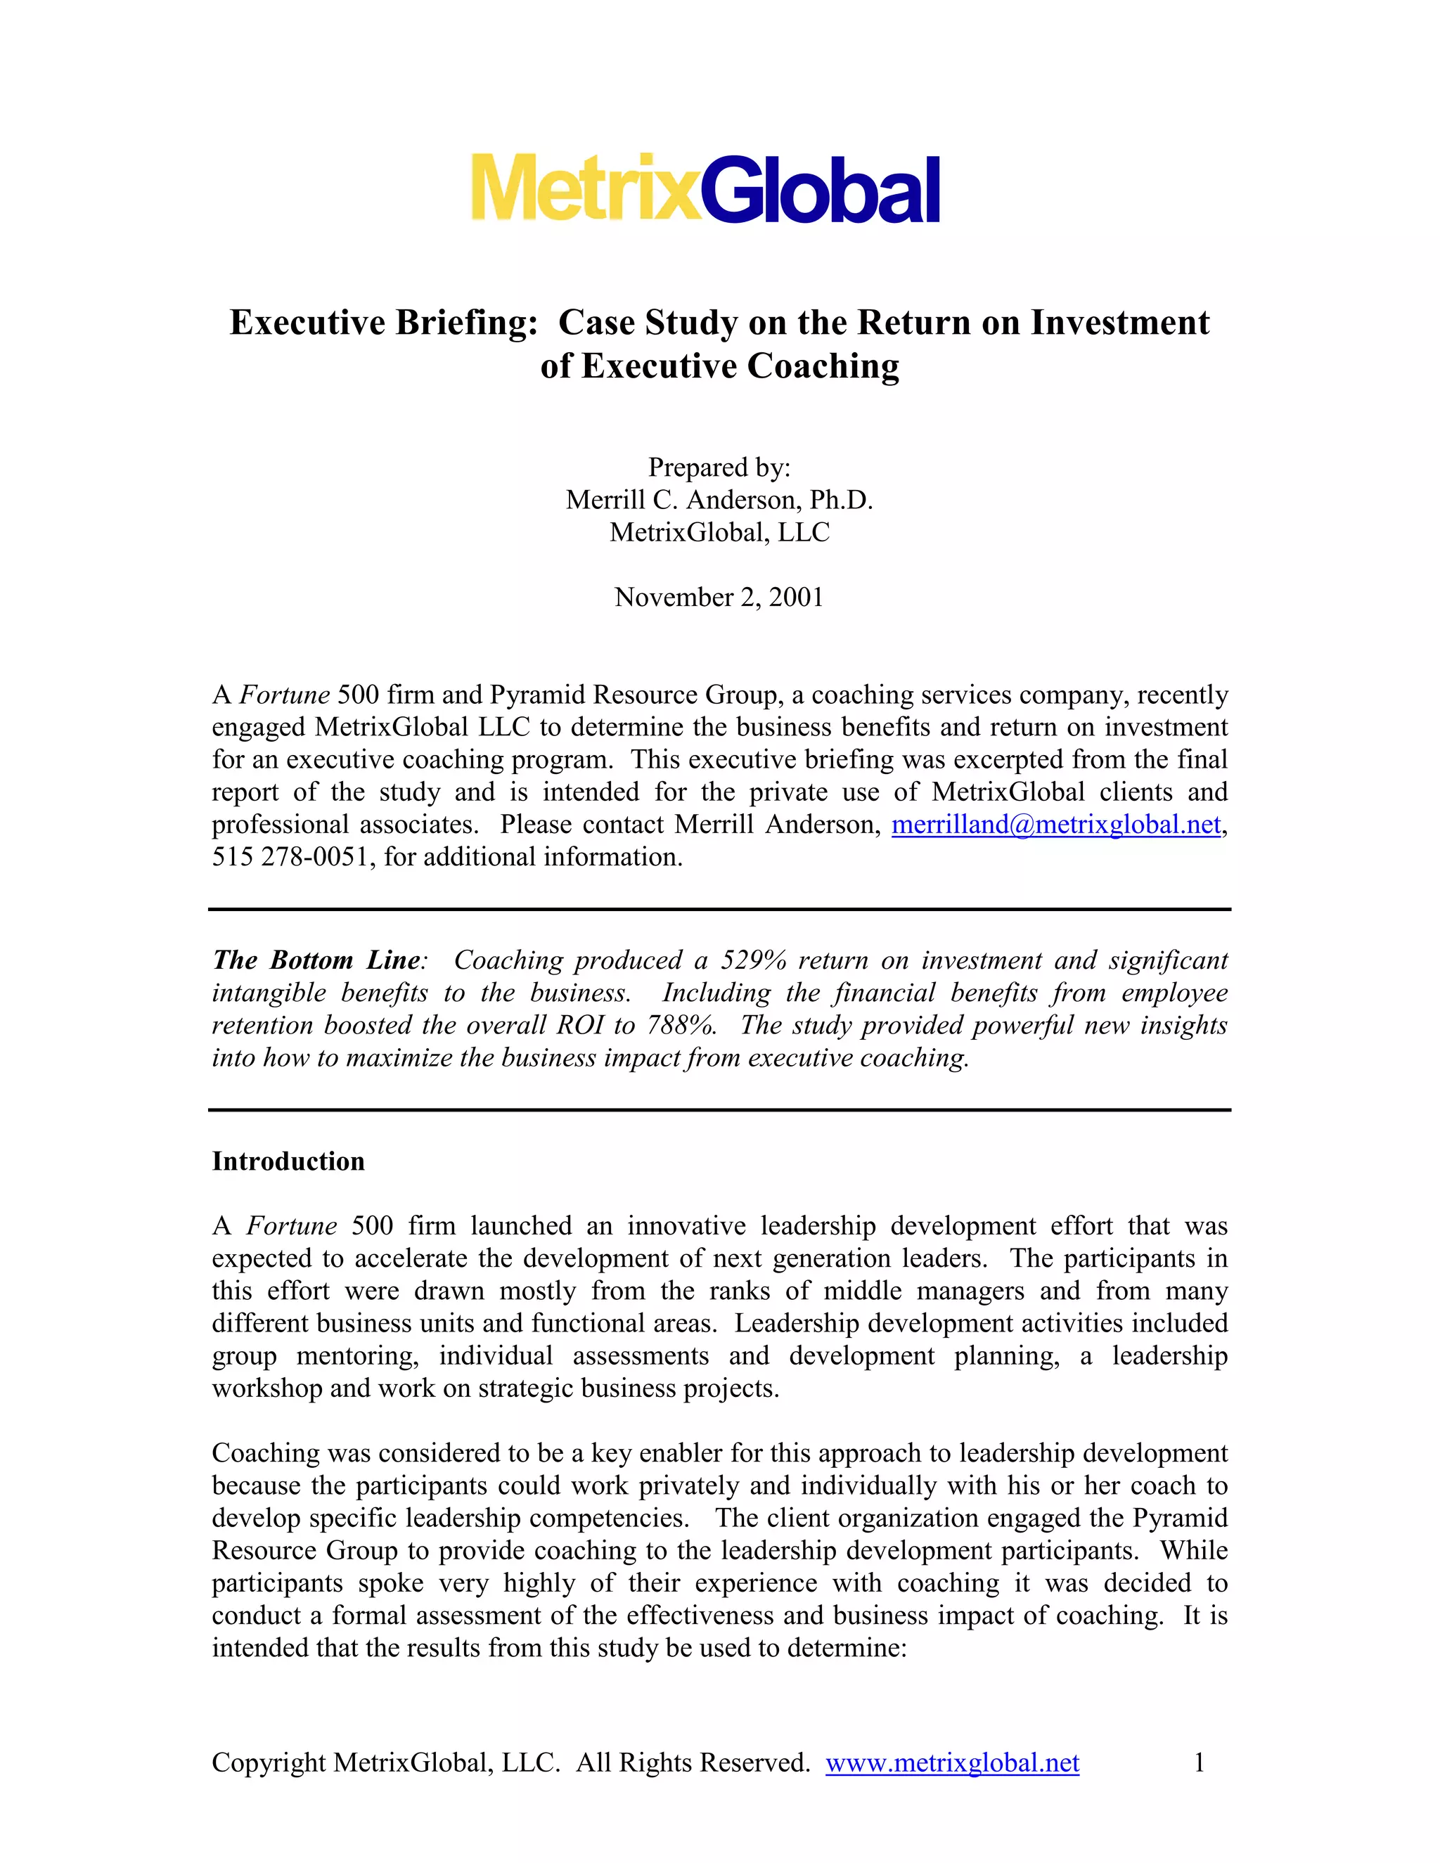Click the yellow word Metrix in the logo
(585, 188)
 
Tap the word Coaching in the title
(823, 366)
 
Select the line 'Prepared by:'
(719, 468)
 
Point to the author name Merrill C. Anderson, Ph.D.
(719, 500)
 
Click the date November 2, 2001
(719, 597)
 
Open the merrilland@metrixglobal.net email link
(1056, 825)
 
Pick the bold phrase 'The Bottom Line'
(316, 960)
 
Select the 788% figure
(681, 1025)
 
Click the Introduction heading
(288, 1162)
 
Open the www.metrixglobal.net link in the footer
(952, 1763)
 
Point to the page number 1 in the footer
(1199, 1763)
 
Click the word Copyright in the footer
(268, 1763)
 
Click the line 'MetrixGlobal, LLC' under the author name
(719, 532)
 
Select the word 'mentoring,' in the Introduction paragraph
(357, 1356)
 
